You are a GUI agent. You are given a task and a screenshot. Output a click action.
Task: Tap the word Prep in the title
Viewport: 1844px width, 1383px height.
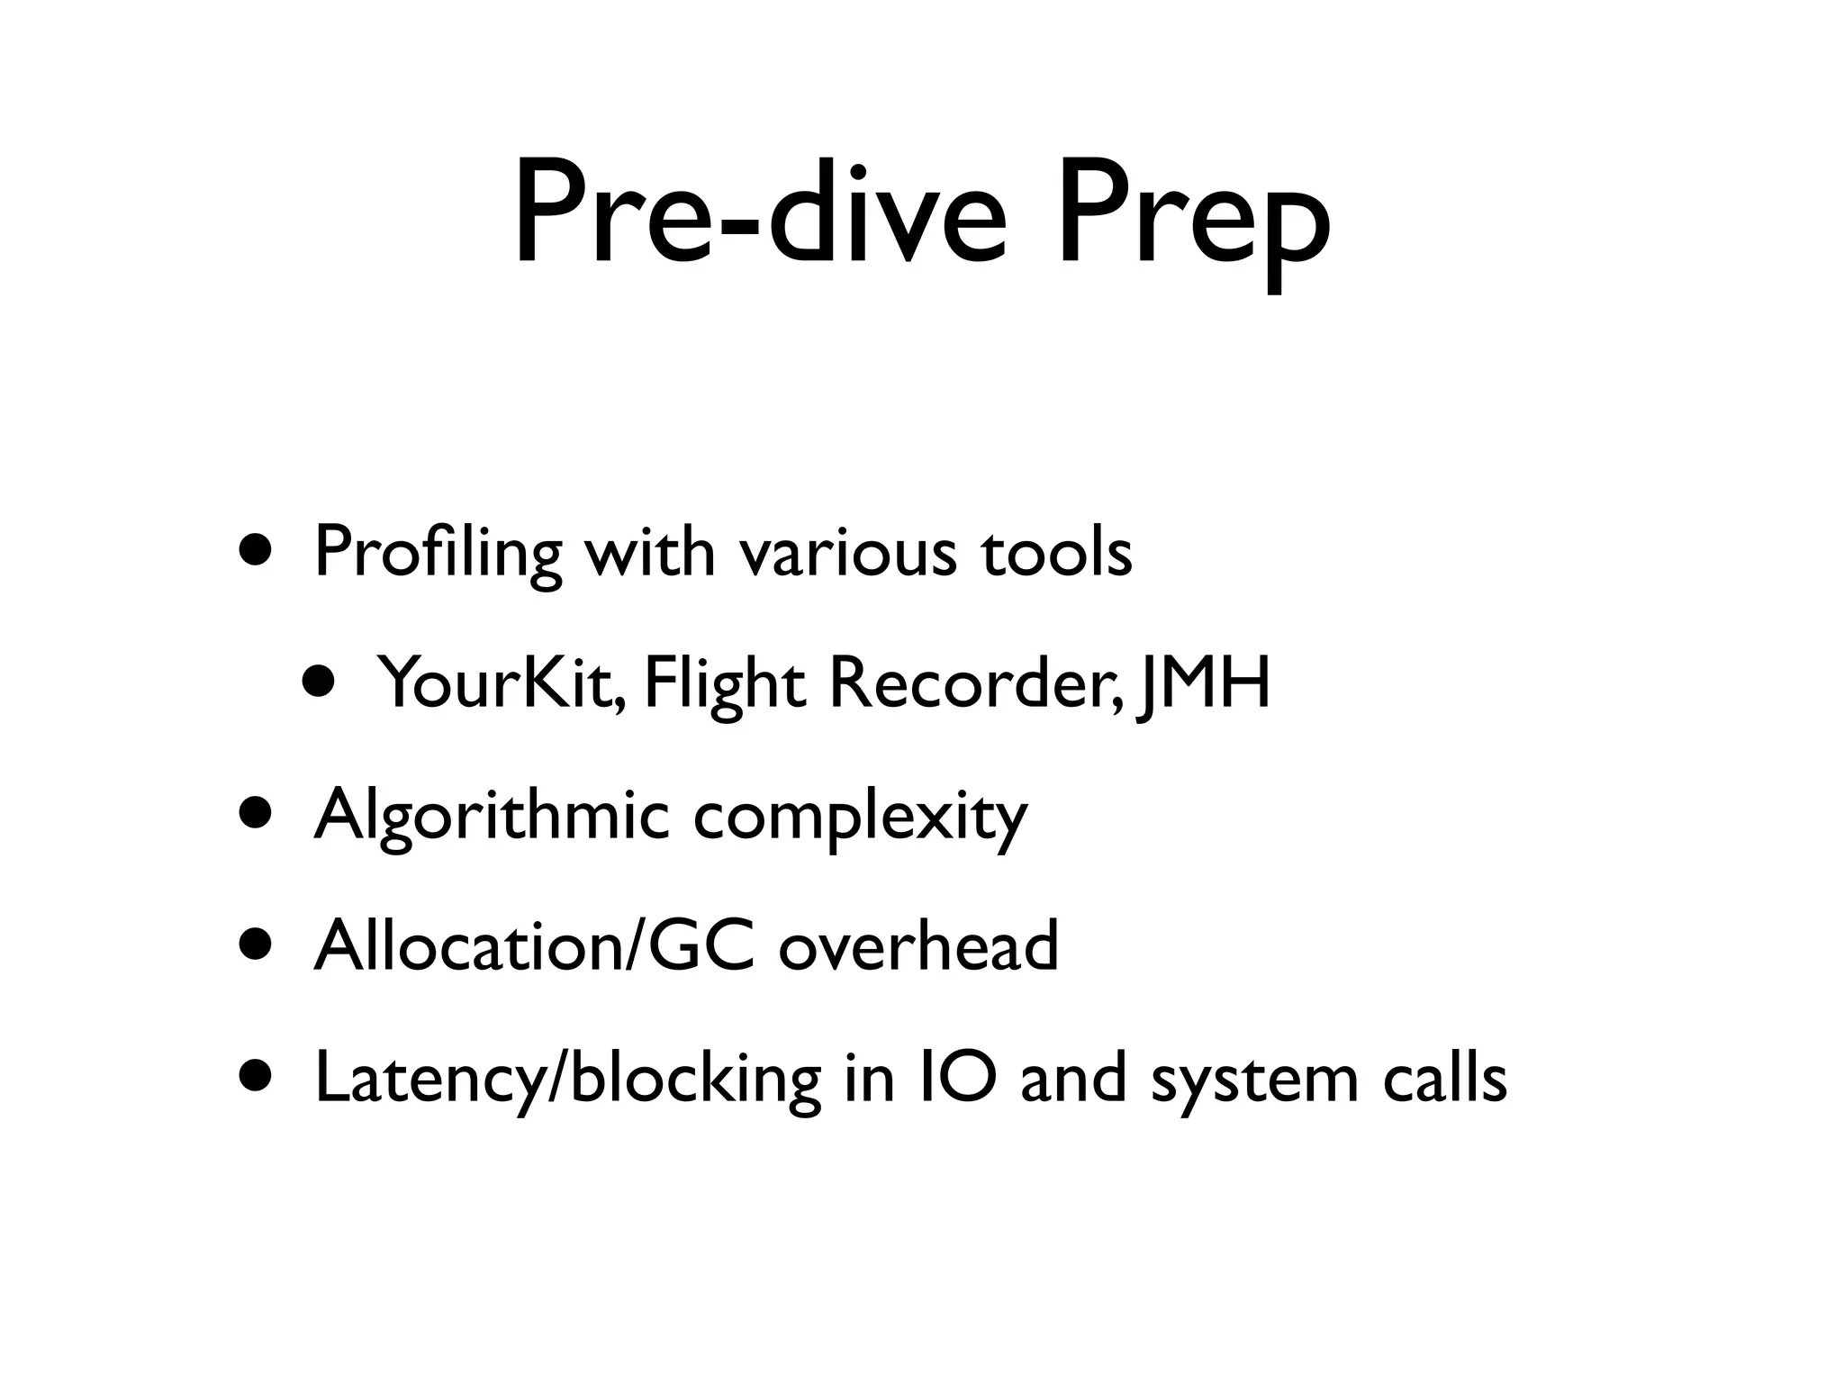coord(1192,221)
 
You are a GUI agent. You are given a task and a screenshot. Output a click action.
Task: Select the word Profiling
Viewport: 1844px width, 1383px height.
coord(438,553)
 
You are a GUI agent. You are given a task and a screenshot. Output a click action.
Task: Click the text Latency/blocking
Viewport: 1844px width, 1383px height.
coord(567,1079)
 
